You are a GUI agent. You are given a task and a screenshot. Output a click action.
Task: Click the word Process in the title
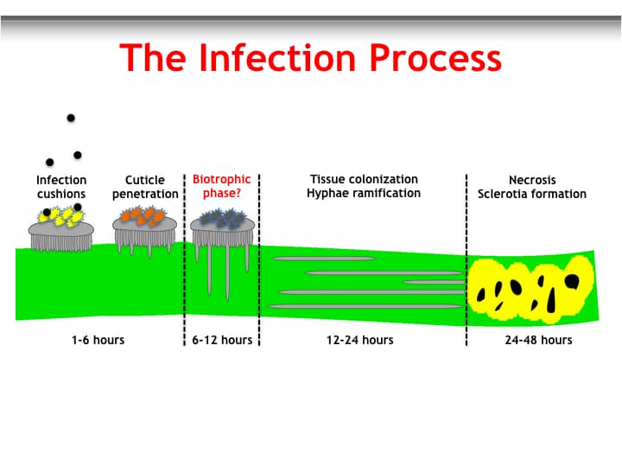pyautogui.click(x=435, y=58)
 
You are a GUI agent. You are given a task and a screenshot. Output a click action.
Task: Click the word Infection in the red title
pyautogui.click(x=277, y=58)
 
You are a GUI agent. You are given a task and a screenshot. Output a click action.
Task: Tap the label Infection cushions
pyautogui.click(x=61, y=187)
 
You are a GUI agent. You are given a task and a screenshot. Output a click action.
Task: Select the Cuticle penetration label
pyautogui.click(x=145, y=187)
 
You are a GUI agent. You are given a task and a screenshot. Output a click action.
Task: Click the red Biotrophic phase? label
pyautogui.click(x=222, y=186)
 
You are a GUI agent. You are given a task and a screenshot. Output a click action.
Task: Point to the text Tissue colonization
pyautogui.click(x=365, y=179)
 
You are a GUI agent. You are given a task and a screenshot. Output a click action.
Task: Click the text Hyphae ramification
pyautogui.click(x=364, y=193)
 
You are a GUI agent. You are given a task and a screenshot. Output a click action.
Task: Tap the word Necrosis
pyautogui.click(x=532, y=180)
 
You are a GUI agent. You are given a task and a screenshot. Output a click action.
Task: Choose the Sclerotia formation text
pyautogui.click(x=532, y=194)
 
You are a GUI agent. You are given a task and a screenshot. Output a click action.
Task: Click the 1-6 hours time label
pyautogui.click(x=98, y=340)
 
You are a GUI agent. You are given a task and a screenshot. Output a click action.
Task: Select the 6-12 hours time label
pyautogui.click(x=222, y=340)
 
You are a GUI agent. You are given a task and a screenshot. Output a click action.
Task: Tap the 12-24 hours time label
pyautogui.click(x=360, y=340)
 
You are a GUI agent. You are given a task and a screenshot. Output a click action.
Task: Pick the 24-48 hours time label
pyautogui.click(x=539, y=340)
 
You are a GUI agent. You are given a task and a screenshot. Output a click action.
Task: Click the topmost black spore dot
pyautogui.click(x=71, y=118)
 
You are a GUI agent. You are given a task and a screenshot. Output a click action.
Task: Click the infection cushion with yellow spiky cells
pyautogui.click(x=61, y=229)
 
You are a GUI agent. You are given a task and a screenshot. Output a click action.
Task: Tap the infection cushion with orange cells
pyautogui.click(x=145, y=230)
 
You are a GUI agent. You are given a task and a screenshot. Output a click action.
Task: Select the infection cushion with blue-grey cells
pyautogui.click(x=222, y=239)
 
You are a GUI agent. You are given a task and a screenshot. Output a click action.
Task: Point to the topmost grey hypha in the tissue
pyautogui.click(x=324, y=259)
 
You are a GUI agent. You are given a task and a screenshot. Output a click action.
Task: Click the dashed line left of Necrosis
pyautogui.click(x=466, y=259)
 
